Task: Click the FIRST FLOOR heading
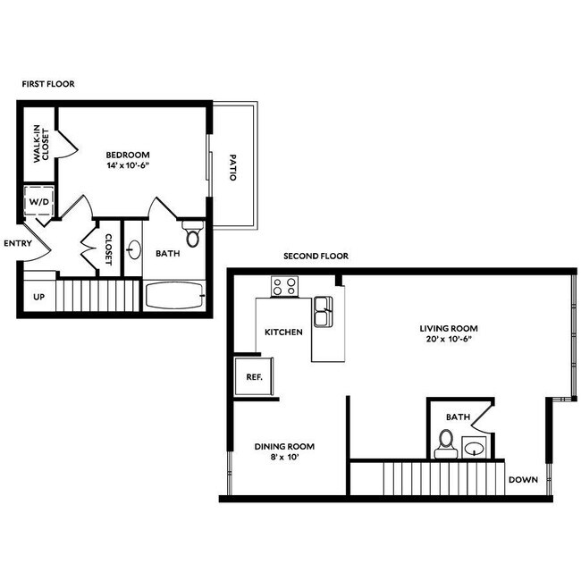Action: coord(48,83)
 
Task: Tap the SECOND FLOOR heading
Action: coord(316,256)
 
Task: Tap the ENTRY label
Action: coord(18,243)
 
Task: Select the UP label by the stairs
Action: coord(39,296)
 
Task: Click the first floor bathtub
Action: coord(175,295)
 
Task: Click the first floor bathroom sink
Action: coord(134,248)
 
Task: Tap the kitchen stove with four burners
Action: coord(284,287)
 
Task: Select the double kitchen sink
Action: coord(323,315)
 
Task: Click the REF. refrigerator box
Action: coord(254,376)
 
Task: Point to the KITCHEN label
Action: coord(283,332)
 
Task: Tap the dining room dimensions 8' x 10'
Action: coord(284,458)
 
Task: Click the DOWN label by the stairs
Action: coord(523,479)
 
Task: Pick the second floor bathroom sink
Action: coord(476,448)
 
